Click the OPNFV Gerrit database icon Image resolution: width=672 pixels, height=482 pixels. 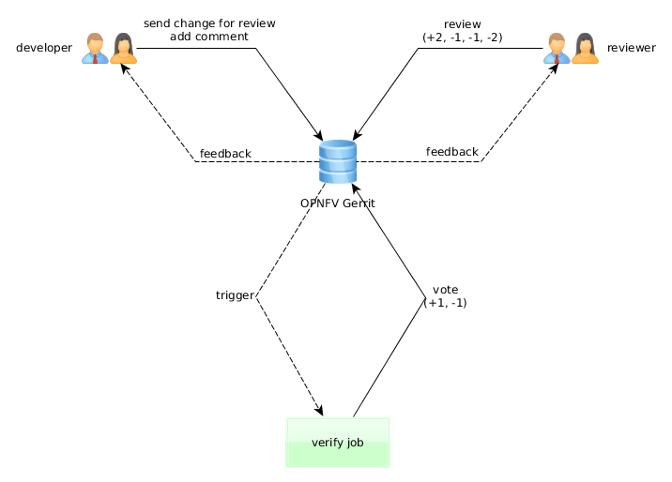[337, 161]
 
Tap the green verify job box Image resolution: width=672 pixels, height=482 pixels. [337, 442]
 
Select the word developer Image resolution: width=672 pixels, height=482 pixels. [44, 48]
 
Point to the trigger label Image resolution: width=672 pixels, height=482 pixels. [235, 295]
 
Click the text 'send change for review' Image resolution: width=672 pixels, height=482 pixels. [209, 23]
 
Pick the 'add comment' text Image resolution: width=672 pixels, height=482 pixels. [209, 37]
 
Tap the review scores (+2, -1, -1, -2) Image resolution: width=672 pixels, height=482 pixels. [463, 37]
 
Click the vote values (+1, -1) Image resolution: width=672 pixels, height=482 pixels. [446, 303]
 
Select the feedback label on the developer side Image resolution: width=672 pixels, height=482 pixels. [225, 154]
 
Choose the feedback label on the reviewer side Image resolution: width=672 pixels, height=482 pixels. [451, 152]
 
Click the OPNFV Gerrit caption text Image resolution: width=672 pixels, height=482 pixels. [338, 203]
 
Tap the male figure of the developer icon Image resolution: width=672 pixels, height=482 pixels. [94, 48]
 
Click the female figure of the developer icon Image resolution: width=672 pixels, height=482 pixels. [123, 48]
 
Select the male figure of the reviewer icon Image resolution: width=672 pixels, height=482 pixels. [557, 48]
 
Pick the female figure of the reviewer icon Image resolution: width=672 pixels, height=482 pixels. [585, 48]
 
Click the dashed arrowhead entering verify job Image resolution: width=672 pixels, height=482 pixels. [320, 410]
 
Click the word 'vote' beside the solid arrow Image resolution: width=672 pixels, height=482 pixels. [446, 289]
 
